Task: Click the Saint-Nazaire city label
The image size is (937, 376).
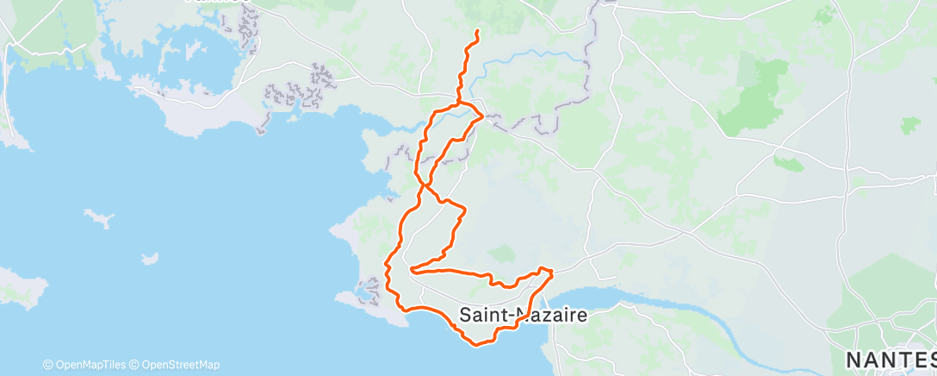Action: [524, 316]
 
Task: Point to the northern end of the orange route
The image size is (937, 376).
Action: [477, 32]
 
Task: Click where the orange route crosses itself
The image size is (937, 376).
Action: [424, 183]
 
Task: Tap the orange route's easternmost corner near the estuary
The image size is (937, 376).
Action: [552, 273]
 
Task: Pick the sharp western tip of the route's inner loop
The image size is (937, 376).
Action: [413, 270]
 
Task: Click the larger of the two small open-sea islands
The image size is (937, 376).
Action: [100, 217]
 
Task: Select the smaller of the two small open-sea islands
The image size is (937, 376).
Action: [150, 258]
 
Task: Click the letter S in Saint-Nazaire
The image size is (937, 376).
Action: [466, 316]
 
